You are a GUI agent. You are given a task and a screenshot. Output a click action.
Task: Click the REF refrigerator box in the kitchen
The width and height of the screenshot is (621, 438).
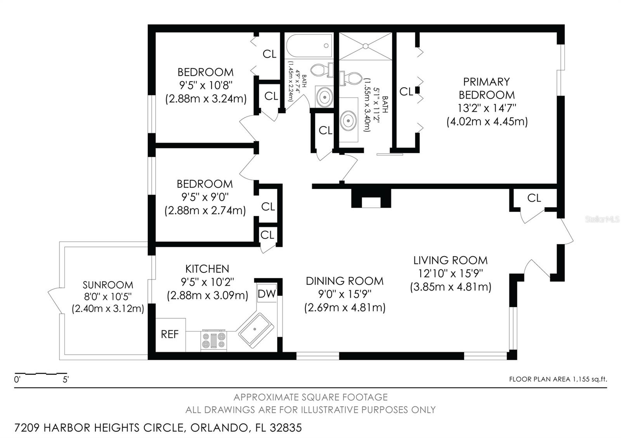[170, 334]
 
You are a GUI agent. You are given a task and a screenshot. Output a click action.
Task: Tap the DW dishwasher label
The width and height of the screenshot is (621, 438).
[267, 294]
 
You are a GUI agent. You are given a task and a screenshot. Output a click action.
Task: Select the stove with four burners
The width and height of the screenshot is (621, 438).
[213, 341]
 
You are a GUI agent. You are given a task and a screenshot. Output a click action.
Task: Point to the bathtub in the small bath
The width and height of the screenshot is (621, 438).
[309, 46]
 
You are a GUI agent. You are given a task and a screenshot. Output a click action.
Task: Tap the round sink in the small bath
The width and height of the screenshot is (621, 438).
[324, 96]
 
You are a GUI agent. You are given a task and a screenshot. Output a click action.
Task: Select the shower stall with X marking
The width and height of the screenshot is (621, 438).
[365, 46]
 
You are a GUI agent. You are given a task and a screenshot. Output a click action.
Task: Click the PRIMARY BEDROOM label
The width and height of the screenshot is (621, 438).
[486, 88]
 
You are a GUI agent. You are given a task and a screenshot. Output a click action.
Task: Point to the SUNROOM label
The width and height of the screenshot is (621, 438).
[108, 285]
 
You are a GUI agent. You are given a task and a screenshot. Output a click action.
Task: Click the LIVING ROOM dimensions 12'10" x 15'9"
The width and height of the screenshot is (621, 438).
[450, 273]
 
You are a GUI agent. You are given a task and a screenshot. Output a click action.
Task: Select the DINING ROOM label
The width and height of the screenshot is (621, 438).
[345, 281]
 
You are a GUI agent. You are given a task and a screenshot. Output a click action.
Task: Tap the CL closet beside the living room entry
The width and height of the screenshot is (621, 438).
[534, 198]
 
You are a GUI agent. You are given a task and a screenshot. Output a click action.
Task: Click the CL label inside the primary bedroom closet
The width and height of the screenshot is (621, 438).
[406, 92]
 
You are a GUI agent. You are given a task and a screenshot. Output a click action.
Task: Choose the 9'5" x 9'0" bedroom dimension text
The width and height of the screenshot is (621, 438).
[205, 197]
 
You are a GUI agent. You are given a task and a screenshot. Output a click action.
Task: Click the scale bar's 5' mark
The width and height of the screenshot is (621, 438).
[66, 379]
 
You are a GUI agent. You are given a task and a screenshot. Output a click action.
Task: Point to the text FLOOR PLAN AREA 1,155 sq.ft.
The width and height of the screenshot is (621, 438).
[558, 379]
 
